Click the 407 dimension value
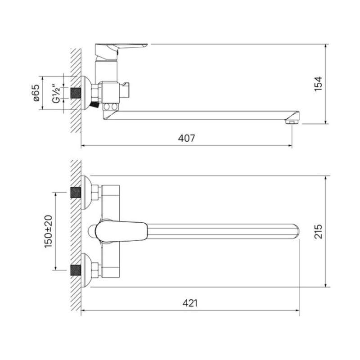186,138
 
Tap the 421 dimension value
190,303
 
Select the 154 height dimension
318,84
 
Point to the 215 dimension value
318,231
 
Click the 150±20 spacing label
49,231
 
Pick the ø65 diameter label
36,93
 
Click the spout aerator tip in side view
292,121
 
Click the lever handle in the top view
121,231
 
